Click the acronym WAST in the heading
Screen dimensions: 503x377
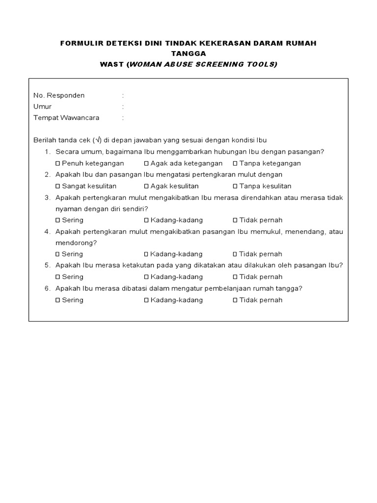tap(112, 64)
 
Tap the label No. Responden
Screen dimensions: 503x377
tap(59, 95)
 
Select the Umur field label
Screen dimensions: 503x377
tap(42, 107)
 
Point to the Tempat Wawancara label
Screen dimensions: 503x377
tap(66, 118)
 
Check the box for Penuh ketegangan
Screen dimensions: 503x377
tap(58, 164)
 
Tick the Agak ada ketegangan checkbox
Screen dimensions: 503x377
tap(146, 164)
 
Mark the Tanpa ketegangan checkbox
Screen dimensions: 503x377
tap(235, 164)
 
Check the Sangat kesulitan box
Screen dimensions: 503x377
tap(58, 186)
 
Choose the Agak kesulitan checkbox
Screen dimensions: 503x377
tap(146, 186)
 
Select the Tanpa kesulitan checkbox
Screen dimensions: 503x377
tap(235, 186)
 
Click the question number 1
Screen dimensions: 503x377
tap(47, 152)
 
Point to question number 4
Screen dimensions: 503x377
tap(47, 231)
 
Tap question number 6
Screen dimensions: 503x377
tap(47, 288)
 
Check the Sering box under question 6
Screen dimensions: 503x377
tap(58, 300)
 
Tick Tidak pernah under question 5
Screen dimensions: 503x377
tap(235, 277)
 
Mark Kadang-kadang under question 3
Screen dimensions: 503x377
tap(146, 221)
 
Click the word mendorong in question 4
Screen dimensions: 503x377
tap(76, 243)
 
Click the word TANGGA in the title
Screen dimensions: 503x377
tap(188, 54)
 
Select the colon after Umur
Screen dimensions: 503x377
tap(123, 107)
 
